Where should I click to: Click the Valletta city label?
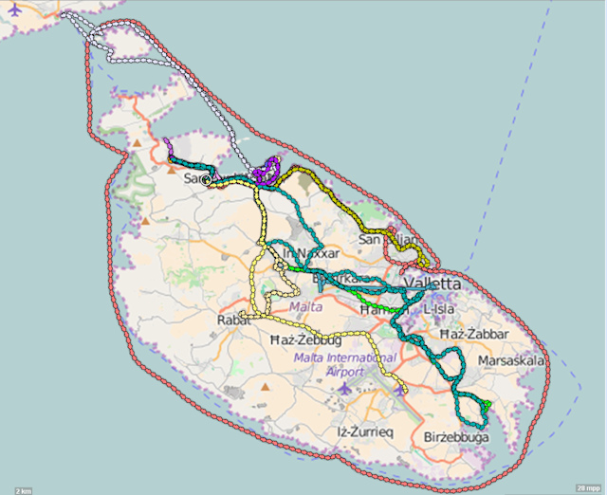432,284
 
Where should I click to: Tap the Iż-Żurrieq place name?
364,431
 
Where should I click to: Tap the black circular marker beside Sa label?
206,179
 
